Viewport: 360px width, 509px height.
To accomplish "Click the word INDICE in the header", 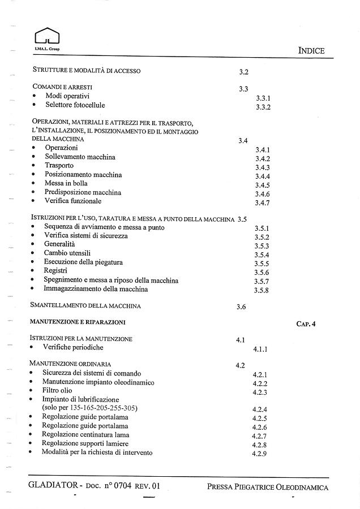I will point(311,51).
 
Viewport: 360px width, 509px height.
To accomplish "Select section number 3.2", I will point(244,72).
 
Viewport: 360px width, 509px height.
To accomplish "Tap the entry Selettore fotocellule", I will point(75,105).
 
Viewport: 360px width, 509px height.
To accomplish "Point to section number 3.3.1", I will point(263,98).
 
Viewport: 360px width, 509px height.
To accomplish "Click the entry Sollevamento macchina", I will point(80,157).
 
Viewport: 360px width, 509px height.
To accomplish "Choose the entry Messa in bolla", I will point(66,183).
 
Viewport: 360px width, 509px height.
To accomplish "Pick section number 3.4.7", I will point(262,203).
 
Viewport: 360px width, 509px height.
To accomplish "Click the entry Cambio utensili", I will point(67,253).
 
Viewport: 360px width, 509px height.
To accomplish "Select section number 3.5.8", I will point(262,291).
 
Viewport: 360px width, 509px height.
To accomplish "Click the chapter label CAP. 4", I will point(306,324).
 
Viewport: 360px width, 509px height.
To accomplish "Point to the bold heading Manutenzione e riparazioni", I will point(79,322).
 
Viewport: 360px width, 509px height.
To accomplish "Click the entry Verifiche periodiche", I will point(74,347).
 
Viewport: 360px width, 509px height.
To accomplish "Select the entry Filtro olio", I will point(57,390).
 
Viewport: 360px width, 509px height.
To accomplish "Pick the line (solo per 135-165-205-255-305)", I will point(90,407).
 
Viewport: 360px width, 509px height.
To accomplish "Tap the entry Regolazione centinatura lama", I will point(85,434).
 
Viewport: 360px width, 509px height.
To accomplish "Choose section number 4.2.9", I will point(259,454).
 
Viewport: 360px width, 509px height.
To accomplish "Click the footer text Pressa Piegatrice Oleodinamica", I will point(267,486).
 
